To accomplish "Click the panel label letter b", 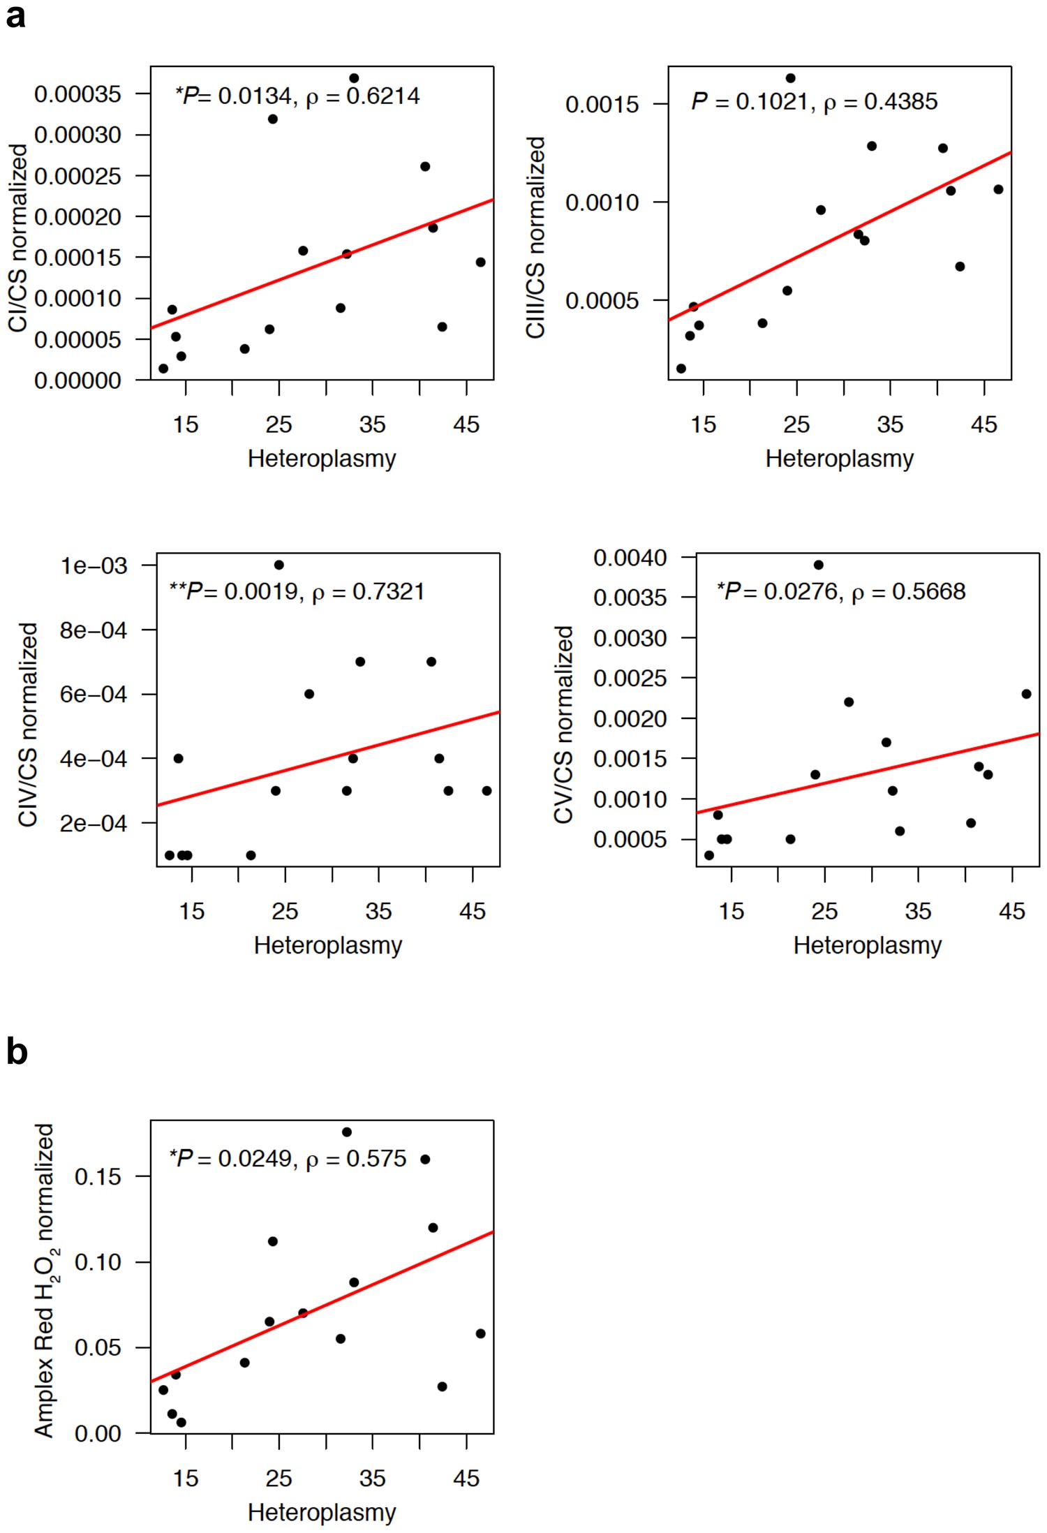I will point(17,1052).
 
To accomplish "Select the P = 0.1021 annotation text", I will point(814,102).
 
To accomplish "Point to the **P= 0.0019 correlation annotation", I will point(297,592).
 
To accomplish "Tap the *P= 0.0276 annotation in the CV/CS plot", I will point(841,592).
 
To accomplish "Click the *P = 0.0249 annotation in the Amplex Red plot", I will point(288,1159).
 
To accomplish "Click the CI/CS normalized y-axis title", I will point(18,237).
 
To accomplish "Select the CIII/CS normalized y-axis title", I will point(535,237).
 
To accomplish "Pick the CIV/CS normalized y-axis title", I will point(28,724).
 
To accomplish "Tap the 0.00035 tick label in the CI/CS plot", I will point(77,94).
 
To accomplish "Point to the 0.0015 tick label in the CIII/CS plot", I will point(602,105).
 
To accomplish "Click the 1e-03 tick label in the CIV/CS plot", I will point(94,565).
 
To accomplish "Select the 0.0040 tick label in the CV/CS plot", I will point(630,558).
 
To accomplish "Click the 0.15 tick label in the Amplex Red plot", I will point(98,1177).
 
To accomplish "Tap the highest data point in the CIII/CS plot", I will point(790,78).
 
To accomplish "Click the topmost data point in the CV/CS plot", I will point(818,565).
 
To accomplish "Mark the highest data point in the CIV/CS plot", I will point(279,565).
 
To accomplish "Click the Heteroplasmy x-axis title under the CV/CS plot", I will point(867,945).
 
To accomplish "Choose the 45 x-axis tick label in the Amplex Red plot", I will point(466,1479).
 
